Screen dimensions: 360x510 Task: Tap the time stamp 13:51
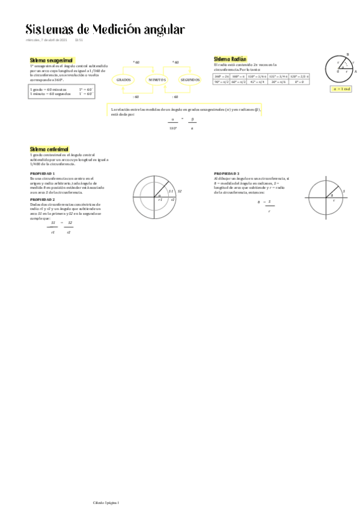pos(78,40)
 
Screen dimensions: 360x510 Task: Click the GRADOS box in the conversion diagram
pos(124,79)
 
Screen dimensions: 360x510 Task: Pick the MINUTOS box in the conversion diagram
pos(157,79)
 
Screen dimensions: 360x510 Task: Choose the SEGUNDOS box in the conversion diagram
pos(190,79)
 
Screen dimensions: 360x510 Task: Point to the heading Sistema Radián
pos(230,59)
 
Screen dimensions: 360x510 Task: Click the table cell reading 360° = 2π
pos(222,76)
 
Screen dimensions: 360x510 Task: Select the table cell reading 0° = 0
pos(299,82)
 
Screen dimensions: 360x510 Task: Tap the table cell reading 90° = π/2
pos(222,82)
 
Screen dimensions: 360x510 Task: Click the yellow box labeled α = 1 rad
pos(341,88)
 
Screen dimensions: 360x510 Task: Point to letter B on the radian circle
pos(348,55)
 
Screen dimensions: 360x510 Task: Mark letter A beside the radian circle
pos(355,72)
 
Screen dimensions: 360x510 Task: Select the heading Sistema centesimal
pos(49,149)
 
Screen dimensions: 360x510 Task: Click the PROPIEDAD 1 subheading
pos(42,173)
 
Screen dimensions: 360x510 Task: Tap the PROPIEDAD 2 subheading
pos(42,198)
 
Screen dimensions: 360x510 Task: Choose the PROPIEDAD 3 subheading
pos(227,173)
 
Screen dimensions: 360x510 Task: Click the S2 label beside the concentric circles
pos(179,191)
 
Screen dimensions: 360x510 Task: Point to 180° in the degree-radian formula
pos(173,127)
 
